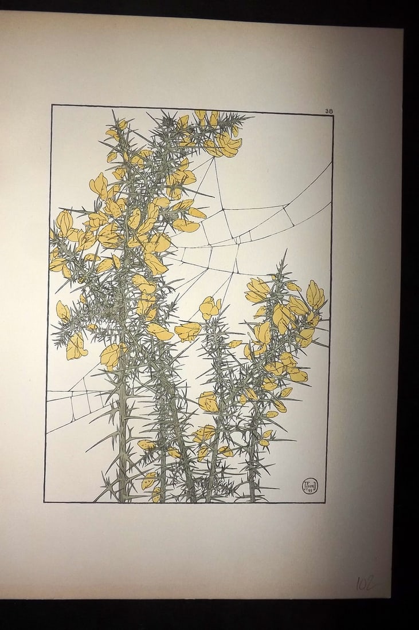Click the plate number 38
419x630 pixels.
pyautogui.click(x=328, y=111)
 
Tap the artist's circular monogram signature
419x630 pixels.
pyautogui.click(x=310, y=486)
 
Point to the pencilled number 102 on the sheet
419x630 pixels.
pyautogui.click(x=365, y=583)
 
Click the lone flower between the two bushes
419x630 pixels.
pyautogui.click(x=209, y=308)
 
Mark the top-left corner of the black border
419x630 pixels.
pyautogui.click(x=52, y=105)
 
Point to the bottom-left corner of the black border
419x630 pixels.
pyautogui.click(x=44, y=502)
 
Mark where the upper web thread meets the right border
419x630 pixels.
pyautogui.click(x=332, y=163)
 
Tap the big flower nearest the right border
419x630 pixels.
pyautogui.click(x=315, y=294)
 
